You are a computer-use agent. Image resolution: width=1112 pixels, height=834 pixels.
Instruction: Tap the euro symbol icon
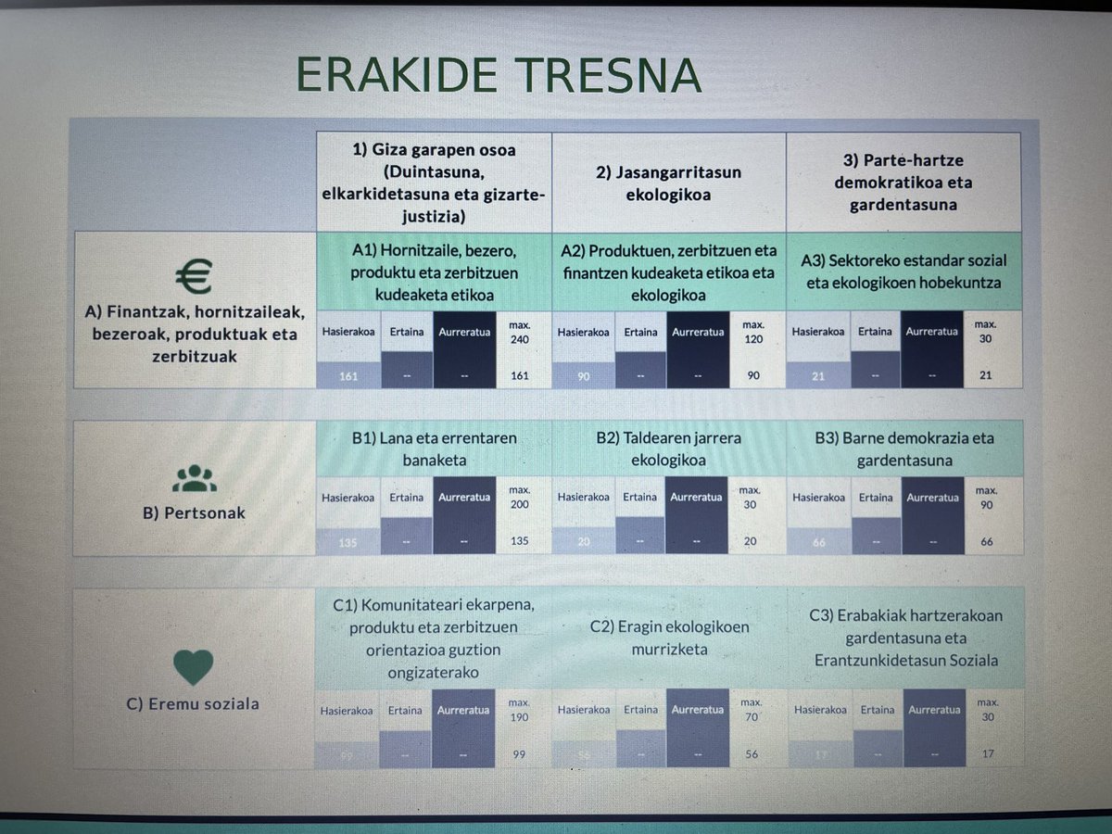coord(194,276)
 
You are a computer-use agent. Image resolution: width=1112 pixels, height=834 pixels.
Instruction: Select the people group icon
coord(194,477)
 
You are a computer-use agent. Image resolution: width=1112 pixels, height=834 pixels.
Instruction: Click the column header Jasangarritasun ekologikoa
coord(668,182)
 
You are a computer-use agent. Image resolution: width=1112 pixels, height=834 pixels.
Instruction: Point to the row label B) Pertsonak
coord(194,512)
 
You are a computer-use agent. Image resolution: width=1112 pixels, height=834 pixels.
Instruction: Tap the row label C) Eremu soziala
coord(193,703)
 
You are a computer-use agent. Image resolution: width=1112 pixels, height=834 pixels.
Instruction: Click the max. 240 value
coord(519,333)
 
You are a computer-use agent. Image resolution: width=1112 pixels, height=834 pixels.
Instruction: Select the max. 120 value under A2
coord(752,333)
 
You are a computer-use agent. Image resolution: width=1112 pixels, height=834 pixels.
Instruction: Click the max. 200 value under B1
coord(519,499)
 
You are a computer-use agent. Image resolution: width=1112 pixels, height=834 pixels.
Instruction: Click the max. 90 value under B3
coord(987,499)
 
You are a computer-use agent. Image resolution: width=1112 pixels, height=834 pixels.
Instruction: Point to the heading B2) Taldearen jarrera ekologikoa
coord(668,449)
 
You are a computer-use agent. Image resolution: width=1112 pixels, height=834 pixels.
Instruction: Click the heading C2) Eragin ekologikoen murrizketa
coord(669,638)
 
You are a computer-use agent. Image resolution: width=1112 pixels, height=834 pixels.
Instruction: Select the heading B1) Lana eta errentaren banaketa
coord(435,449)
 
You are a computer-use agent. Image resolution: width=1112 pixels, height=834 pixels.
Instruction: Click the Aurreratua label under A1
coord(463,331)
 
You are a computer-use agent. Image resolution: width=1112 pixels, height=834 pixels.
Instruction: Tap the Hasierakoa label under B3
coord(819,498)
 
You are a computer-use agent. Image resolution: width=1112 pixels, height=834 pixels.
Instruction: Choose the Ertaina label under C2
coord(639,711)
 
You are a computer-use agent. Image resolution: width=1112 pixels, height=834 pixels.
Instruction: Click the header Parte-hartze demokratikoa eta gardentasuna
coord(903,182)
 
